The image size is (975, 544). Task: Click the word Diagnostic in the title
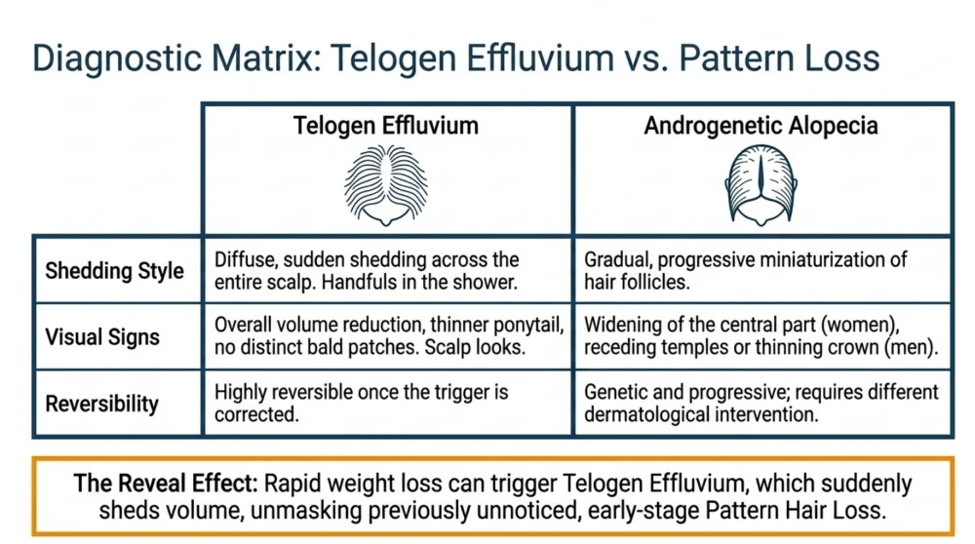click(x=117, y=59)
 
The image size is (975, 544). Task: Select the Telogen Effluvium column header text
click(x=386, y=126)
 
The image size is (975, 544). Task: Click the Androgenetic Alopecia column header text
click(x=760, y=126)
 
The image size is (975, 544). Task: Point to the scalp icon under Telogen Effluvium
click(x=386, y=185)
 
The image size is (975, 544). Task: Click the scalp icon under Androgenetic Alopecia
click(x=761, y=185)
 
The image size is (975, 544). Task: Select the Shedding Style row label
click(x=114, y=271)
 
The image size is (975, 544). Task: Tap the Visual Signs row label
click(x=102, y=337)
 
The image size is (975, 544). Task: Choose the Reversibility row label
click(x=102, y=404)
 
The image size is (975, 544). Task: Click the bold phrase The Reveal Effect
click(x=166, y=484)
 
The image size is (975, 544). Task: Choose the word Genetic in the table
click(x=616, y=392)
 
